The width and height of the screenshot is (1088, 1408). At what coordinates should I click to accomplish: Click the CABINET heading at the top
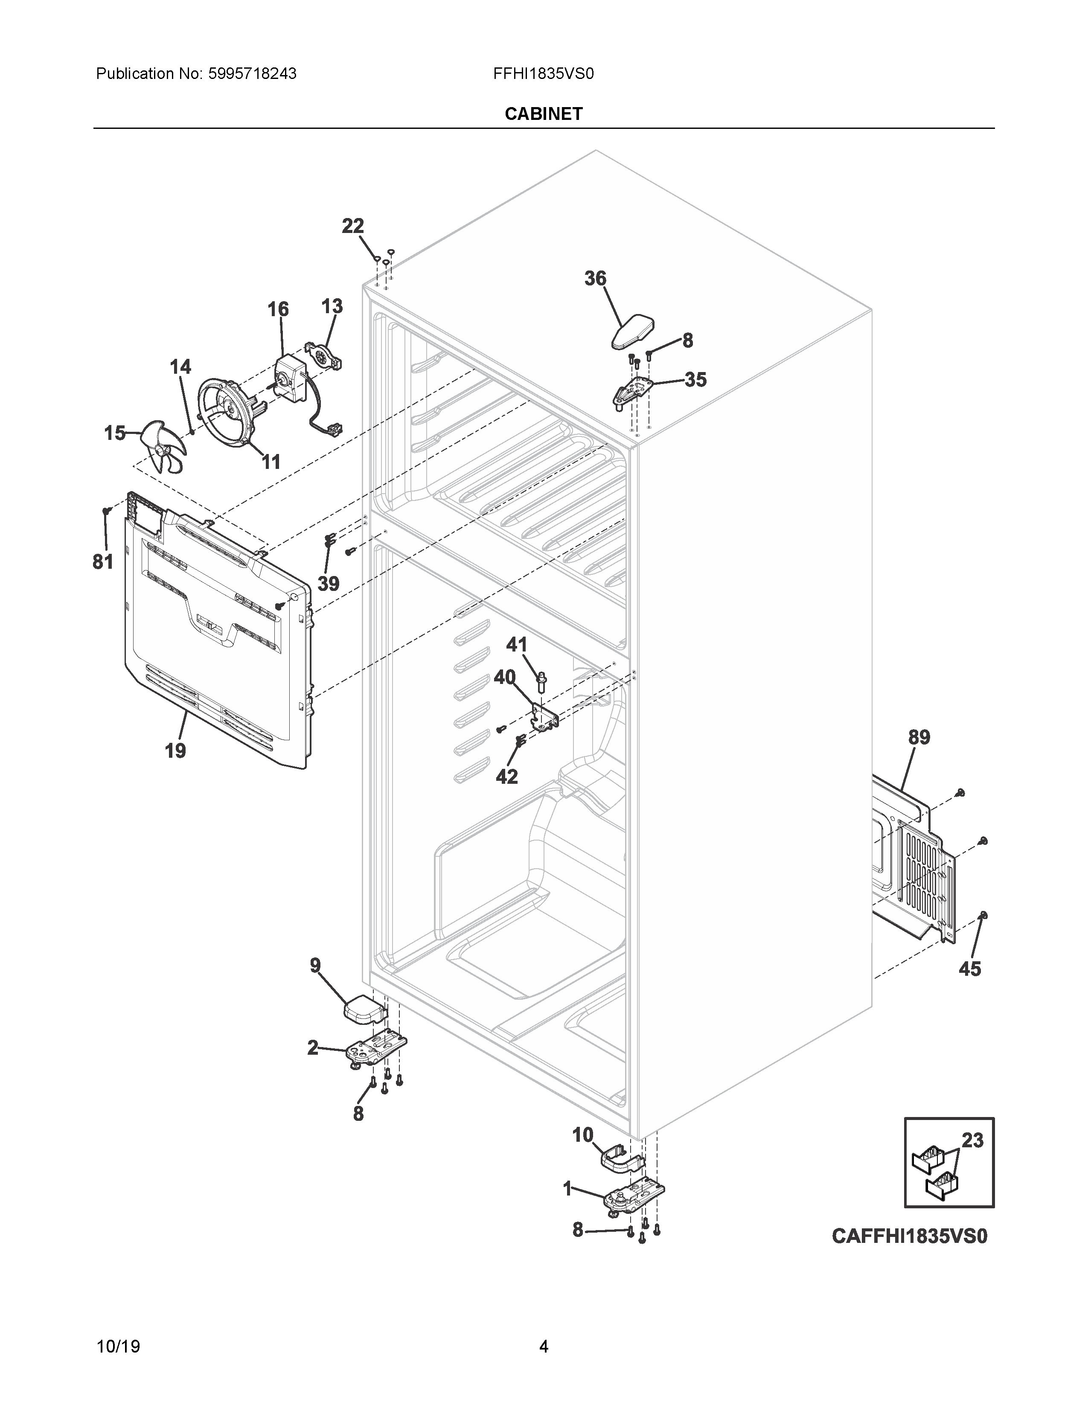point(543,114)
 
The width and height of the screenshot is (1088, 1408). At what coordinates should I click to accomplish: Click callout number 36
point(595,279)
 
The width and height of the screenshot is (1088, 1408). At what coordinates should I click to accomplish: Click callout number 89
point(919,737)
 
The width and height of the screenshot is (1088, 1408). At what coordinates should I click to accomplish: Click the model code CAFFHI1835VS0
point(909,1236)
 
